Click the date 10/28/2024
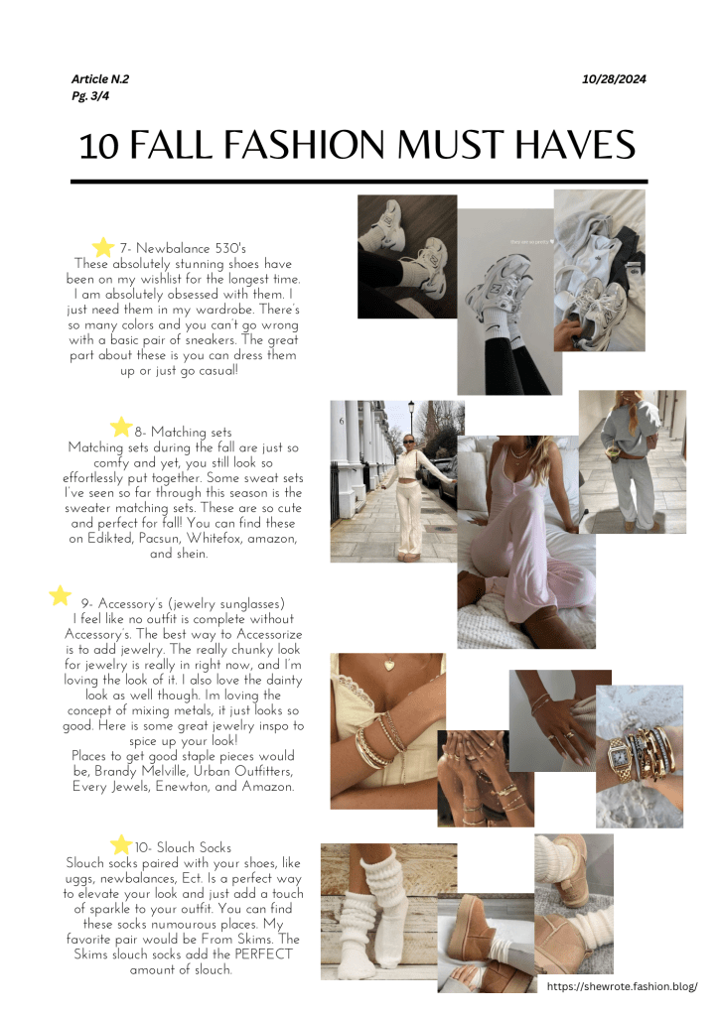click(x=614, y=79)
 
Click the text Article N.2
click(x=99, y=79)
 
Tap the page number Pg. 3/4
click(x=90, y=96)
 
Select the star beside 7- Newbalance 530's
click(x=103, y=247)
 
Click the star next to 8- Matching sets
click(x=120, y=428)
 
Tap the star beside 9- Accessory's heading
click(x=60, y=595)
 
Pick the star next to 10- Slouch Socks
click(x=120, y=844)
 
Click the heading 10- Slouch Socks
click(x=183, y=847)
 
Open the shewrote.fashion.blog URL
click(x=622, y=986)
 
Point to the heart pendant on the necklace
click(x=388, y=664)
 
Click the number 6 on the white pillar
click(x=342, y=422)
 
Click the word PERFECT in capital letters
click(x=263, y=954)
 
